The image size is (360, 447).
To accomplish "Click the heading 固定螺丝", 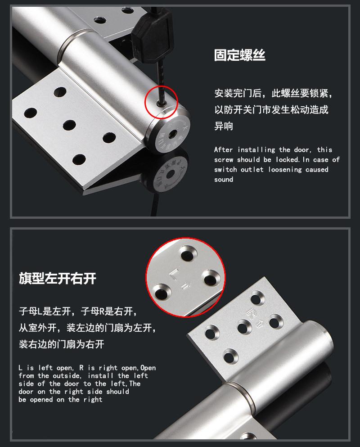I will pyautogui.click(x=240, y=55).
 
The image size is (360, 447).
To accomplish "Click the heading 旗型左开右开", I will pyautogui.click(x=58, y=278).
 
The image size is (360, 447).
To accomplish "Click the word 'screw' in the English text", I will pyautogui.click(x=224, y=160).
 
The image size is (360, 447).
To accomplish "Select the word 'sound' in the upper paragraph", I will pyautogui.click(x=224, y=180).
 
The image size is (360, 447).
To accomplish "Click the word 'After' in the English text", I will pyautogui.click(x=224, y=150).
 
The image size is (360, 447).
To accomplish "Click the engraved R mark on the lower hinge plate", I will pyautogui.click(x=248, y=313).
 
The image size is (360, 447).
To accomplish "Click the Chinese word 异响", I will pyautogui.click(x=224, y=126).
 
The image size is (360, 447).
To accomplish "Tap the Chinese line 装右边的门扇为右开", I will pyautogui.click(x=62, y=344).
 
